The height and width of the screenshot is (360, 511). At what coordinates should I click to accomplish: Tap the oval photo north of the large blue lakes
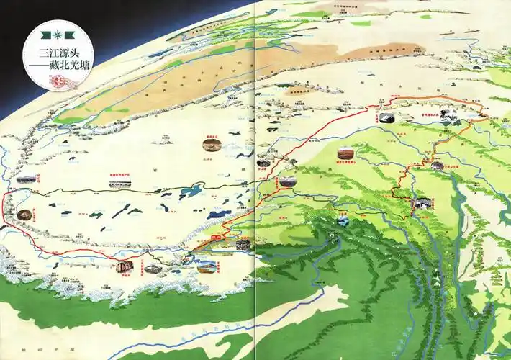pyautogui.click(x=211, y=145)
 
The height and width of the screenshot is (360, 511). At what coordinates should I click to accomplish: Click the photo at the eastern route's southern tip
pyautogui.click(x=418, y=204)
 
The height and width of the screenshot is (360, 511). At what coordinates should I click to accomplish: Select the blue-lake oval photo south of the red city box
pyautogui.click(x=207, y=266)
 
